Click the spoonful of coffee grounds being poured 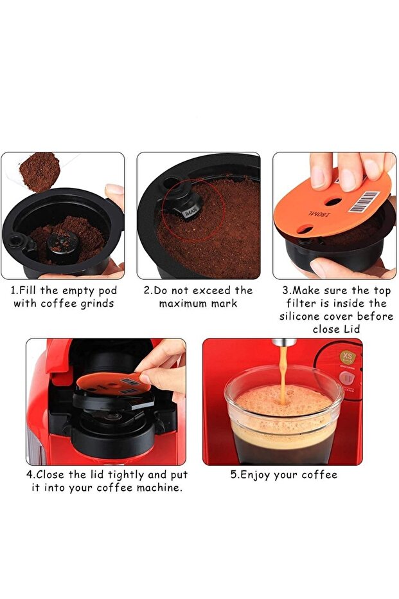click(x=39, y=171)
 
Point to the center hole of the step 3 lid click(x=333, y=201)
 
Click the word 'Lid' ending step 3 click(x=354, y=329)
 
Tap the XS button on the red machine click(x=348, y=356)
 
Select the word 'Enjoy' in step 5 click(x=256, y=475)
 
